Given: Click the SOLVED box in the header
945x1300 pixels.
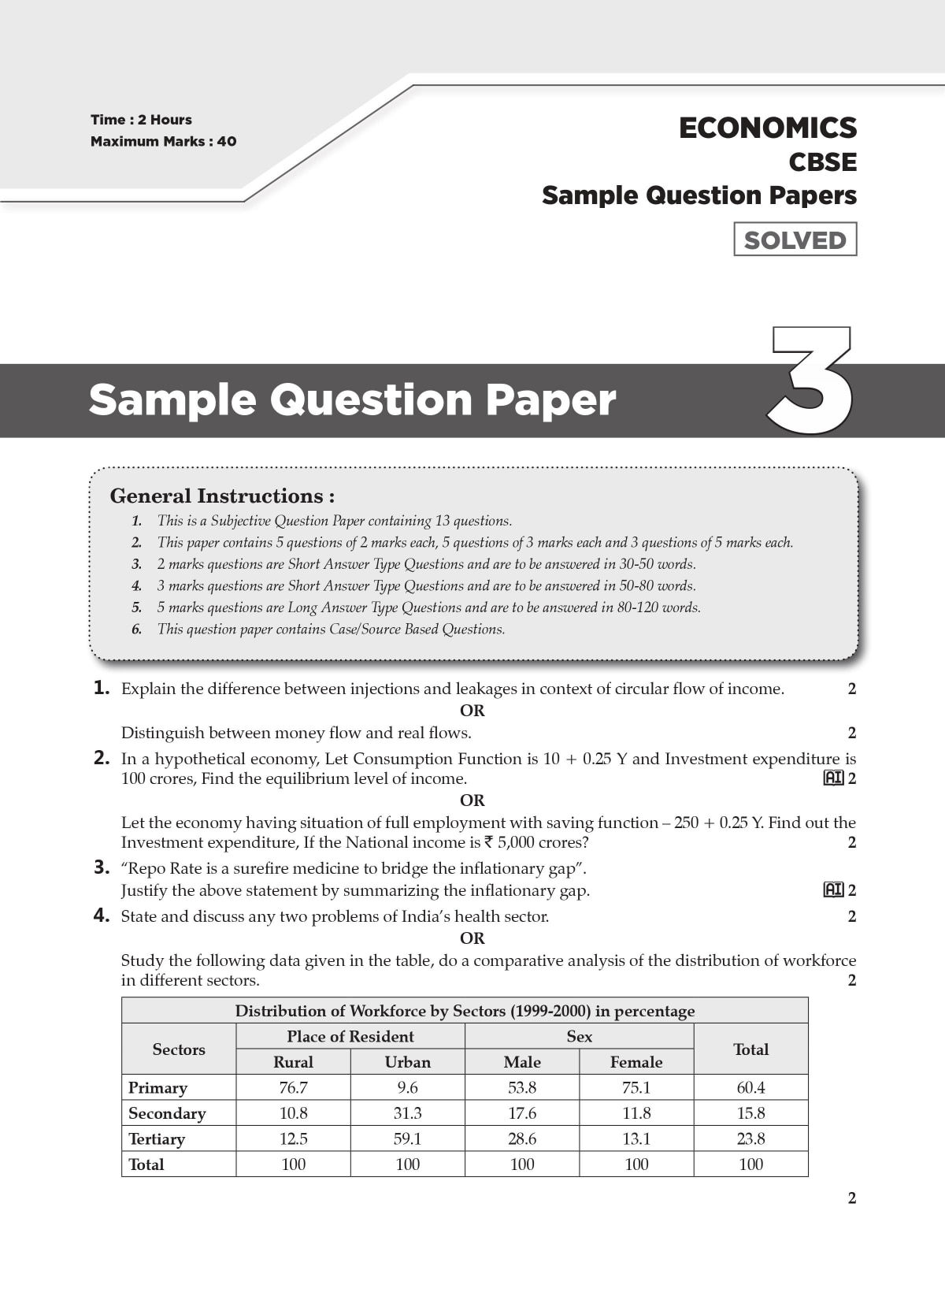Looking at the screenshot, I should [x=795, y=240].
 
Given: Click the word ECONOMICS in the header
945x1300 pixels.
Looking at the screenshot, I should [x=767, y=128].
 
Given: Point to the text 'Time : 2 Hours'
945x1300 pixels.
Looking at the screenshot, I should [x=141, y=120].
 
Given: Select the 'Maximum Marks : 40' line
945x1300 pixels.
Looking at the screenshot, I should [x=163, y=142].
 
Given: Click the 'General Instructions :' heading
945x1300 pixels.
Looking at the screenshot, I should [x=222, y=496].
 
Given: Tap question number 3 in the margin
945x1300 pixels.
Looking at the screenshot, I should [x=101, y=867].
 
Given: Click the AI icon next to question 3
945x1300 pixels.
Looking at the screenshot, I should [x=833, y=890].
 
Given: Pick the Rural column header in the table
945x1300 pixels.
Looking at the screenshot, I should [x=293, y=1062].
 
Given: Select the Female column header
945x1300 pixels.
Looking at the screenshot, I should [x=636, y=1062].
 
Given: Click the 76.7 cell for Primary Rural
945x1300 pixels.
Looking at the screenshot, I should [x=293, y=1087].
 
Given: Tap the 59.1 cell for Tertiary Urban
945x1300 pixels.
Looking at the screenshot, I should [x=407, y=1138].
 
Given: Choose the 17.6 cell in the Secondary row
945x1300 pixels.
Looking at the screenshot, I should [x=522, y=1113].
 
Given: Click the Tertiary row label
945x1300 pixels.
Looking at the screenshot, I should [x=157, y=1138].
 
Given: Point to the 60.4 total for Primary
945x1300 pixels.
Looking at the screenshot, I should [x=750, y=1087].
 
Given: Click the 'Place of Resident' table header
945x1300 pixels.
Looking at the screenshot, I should [x=350, y=1036].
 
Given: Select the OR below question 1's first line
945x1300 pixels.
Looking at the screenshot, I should [x=472, y=711].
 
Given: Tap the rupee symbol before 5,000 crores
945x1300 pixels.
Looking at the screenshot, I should [x=488, y=842].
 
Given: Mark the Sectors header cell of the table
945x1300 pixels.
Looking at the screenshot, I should [x=179, y=1049].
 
